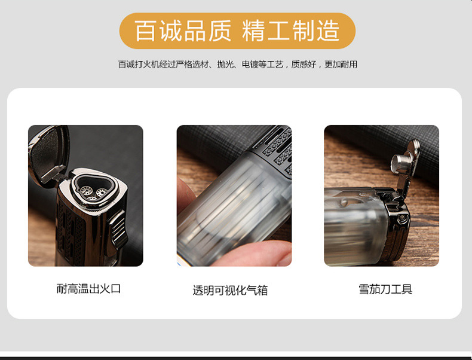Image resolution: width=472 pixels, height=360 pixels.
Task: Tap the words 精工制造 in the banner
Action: (x=291, y=31)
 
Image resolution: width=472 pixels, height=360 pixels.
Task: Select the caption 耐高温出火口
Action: (x=88, y=289)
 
